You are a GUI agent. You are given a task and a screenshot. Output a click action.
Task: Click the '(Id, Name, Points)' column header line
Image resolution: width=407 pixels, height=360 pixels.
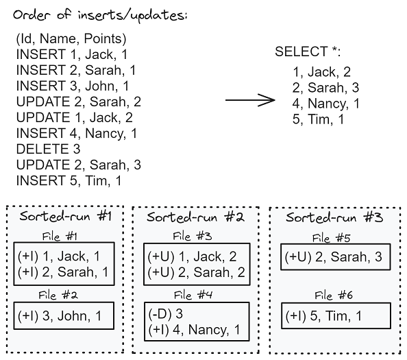(x=71, y=39)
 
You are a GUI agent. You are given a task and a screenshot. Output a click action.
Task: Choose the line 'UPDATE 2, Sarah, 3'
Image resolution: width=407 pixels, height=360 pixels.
(x=78, y=165)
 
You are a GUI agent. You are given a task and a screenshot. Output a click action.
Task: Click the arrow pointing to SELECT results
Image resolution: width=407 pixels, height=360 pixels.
(x=249, y=100)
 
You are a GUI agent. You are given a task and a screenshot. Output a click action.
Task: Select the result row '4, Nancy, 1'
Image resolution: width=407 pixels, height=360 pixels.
(x=326, y=104)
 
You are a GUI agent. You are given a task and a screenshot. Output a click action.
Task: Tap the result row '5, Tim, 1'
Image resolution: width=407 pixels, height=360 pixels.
(x=318, y=120)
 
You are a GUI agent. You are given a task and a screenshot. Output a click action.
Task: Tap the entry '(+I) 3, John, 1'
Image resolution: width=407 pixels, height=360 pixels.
(x=60, y=315)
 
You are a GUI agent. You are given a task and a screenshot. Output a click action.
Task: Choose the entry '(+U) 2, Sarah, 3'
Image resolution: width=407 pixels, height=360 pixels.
(x=334, y=258)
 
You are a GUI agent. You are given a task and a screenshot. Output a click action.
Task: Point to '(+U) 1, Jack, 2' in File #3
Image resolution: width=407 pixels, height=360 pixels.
(x=193, y=257)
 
